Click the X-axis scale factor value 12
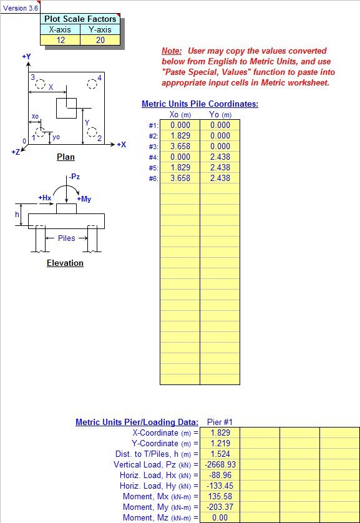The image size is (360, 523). click(x=61, y=41)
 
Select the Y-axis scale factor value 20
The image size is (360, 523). click(x=100, y=41)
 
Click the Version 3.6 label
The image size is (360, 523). click(x=21, y=8)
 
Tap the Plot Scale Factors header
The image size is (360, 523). click(x=80, y=19)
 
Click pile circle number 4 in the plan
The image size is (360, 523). click(x=92, y=84)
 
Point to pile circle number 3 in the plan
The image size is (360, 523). click(x=41, y=84)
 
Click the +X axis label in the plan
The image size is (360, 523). click(x=121, y=145)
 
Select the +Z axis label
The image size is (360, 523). click(x=16, y=152)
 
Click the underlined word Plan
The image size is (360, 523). click(x=66, y=157)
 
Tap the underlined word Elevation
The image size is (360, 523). click(x=65, y=263)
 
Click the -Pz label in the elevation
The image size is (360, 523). click(x=74, y=177)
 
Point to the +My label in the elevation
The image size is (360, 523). click(x=84, y=199)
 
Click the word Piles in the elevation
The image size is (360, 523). click(x=67, y=238)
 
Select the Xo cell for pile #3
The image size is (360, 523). click(x=180, y=147)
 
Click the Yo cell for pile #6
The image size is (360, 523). click(x=220, y=178)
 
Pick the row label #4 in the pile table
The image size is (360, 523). click(x=153, y=157)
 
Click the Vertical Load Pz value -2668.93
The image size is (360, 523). click(x=220, y=464)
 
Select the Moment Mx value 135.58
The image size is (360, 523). click(x=220, y=496)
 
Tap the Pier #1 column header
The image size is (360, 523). click(x=220, y=422)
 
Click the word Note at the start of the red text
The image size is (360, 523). click(x=172, y=51)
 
